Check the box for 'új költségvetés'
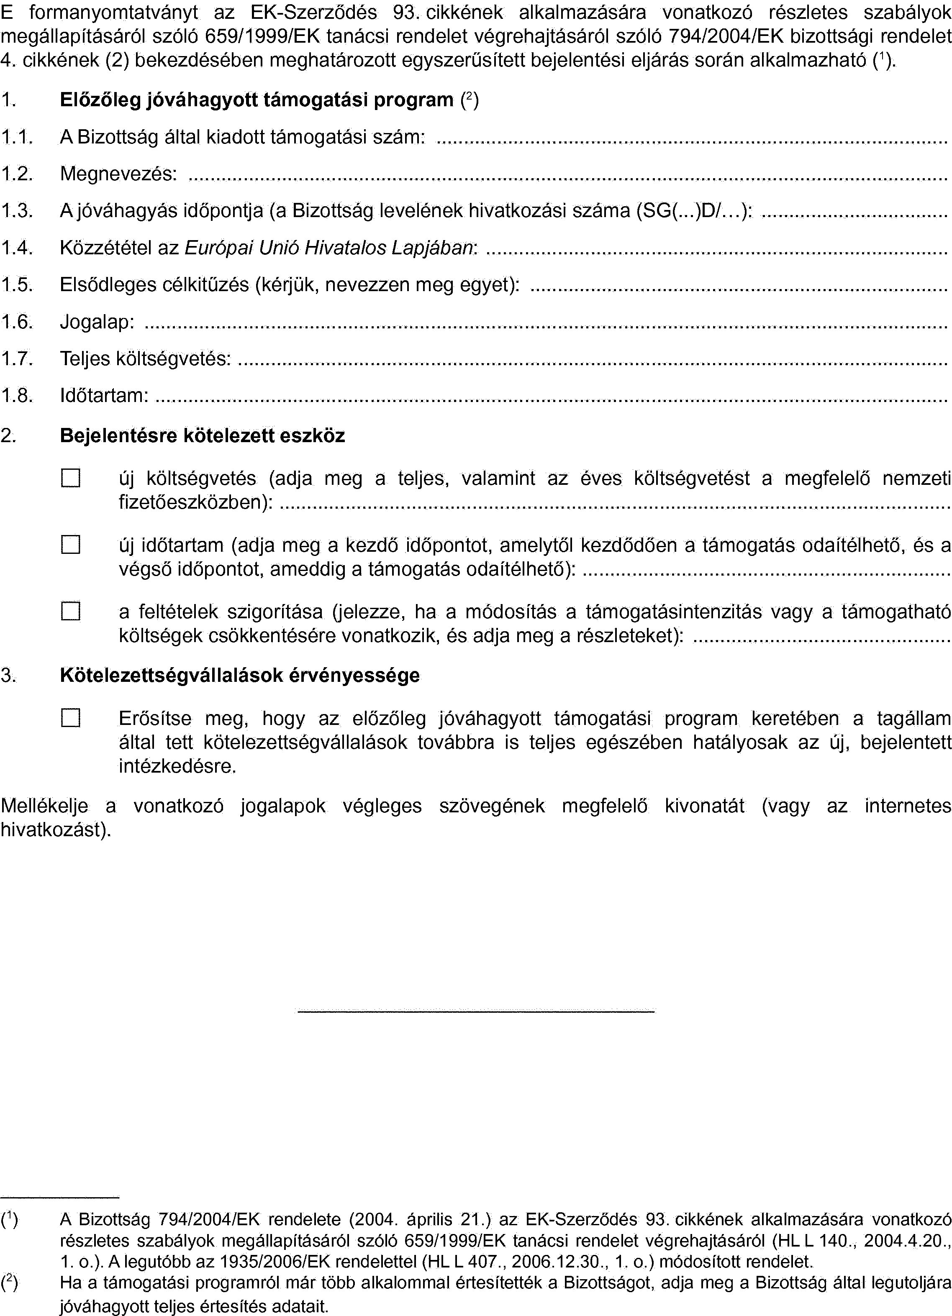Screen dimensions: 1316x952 tap(70, 478)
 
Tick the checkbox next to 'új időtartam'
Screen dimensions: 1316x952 tap(70, 545)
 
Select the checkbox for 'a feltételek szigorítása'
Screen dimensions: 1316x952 tap(70, 612)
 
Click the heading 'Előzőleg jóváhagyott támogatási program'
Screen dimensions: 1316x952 tap(257, 100)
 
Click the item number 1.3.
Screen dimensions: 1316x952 tap(15, 211)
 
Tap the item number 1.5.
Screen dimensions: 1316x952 tap(15, 285)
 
